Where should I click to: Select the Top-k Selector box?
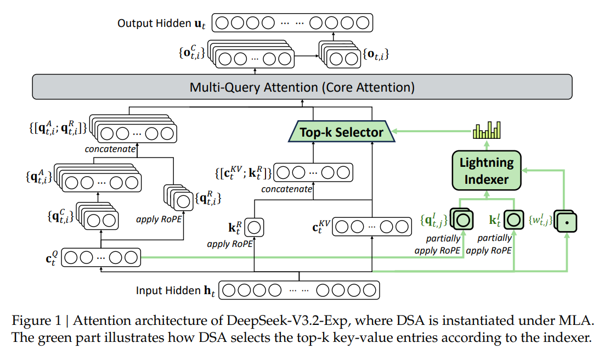coord(341,132)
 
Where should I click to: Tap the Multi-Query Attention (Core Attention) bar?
coord(302,87)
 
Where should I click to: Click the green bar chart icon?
coord(487,131)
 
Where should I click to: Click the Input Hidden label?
coord(176,290)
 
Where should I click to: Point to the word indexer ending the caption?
coord(569,337)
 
